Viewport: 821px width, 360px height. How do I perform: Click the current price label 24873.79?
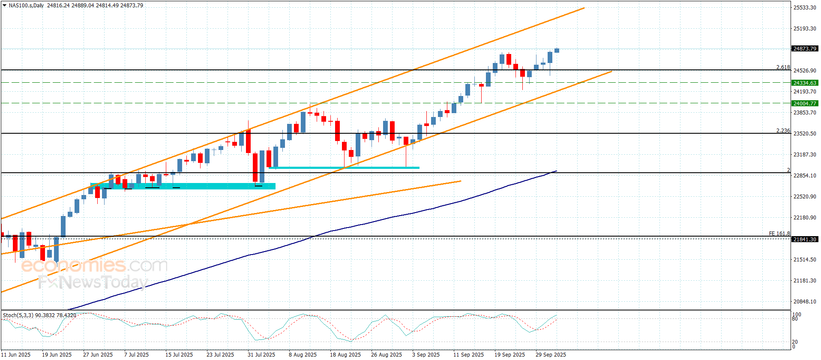click(x=805, y=49)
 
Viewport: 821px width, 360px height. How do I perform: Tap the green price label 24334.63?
click(x=805, y=83)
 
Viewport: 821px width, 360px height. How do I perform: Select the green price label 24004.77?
click(x=805, y=103)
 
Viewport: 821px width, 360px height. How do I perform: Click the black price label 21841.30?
click(x=805, y=239)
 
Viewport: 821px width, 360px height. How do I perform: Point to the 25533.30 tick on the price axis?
click(x=805, y=7)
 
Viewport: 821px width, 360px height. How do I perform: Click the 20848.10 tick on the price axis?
click(x=805, y=301)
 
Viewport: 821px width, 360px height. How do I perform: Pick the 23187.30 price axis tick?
click(x=805, y=154)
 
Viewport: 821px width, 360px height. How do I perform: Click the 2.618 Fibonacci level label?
click(x=783, y=67)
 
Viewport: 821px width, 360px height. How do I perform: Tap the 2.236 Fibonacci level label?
click(x=783, y=131)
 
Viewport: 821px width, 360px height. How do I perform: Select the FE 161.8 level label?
click(x=779, y=234)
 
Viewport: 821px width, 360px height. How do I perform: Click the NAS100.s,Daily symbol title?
click(x=26, y=6)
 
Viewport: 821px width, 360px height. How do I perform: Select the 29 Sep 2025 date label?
click(x=551, y=354)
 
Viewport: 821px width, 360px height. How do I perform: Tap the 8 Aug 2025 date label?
click(x=303, y=354)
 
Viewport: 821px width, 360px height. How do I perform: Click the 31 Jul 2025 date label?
click(x=261, y=354)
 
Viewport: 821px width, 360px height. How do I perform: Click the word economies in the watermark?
click(x=73, y=266)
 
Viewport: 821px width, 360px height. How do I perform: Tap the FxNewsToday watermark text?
click(x=93, y=282)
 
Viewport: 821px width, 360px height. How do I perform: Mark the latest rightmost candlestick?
click(x=557, y=51)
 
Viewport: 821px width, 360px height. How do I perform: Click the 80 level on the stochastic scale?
click(x=795, y=319)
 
